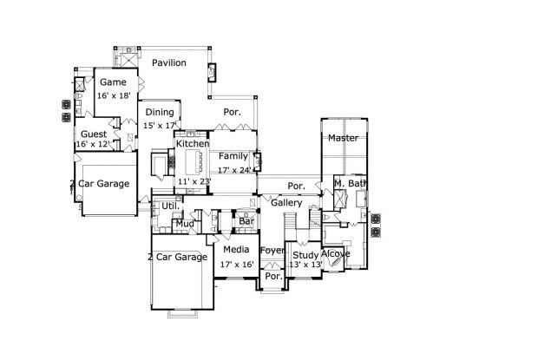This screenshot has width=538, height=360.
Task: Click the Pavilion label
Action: [x=169, y=62]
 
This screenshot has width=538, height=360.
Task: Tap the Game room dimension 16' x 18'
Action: [x=114, y=95]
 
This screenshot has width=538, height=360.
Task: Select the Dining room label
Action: [x=160, y=112]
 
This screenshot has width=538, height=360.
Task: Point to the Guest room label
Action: [x=94, y=134]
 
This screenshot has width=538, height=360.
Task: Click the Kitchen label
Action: [x=193, y=143]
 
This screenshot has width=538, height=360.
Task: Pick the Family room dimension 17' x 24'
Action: [x=235, y=170]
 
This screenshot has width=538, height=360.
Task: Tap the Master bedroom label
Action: [x=343, y=138]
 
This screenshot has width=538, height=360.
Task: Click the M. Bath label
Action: [x=351, y=183]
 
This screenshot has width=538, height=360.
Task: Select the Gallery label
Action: [x=286, y=203]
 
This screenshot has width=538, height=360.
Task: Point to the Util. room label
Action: [x=171, y=206]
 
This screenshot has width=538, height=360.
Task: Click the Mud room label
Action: [x=185, y=224]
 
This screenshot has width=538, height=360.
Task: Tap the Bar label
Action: [x=246, y=221]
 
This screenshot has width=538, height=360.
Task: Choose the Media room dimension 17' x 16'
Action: [x=237, y=265]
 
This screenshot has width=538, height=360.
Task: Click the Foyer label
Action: [x=272, y=251]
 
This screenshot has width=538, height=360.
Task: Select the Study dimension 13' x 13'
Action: [x=305, y=265]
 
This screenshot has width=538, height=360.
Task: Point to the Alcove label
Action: [x=335, y=253]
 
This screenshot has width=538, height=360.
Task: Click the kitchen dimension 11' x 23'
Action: [x=194, y=181]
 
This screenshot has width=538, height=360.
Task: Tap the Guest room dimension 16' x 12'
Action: [x=93, y=144]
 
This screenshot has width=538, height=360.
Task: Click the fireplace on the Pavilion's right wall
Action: [x=212, y=73]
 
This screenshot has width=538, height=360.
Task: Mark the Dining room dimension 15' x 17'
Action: [x=160, y=126]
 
